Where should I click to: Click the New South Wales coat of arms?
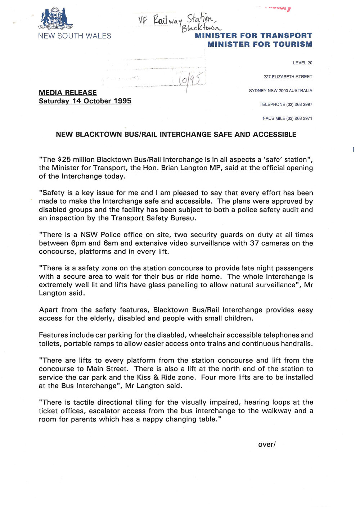56,18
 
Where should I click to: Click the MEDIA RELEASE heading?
68,93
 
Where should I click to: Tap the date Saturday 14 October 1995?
85,101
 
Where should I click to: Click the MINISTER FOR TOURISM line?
260,44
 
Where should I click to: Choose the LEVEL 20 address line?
302,63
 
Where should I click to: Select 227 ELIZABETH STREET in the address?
288,77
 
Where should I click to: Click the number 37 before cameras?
255,243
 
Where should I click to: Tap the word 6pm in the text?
78,243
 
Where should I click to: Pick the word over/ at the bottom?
267,444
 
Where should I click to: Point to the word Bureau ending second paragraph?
183,218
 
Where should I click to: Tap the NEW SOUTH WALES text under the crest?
75,36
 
